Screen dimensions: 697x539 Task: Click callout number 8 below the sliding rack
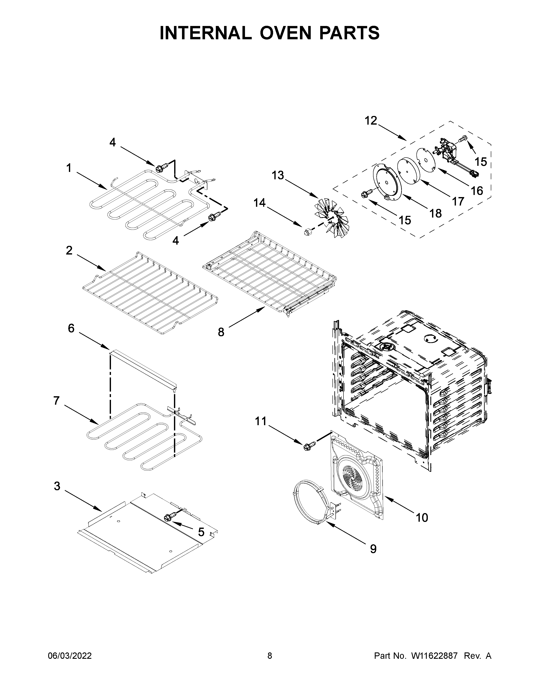pos(221,332)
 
